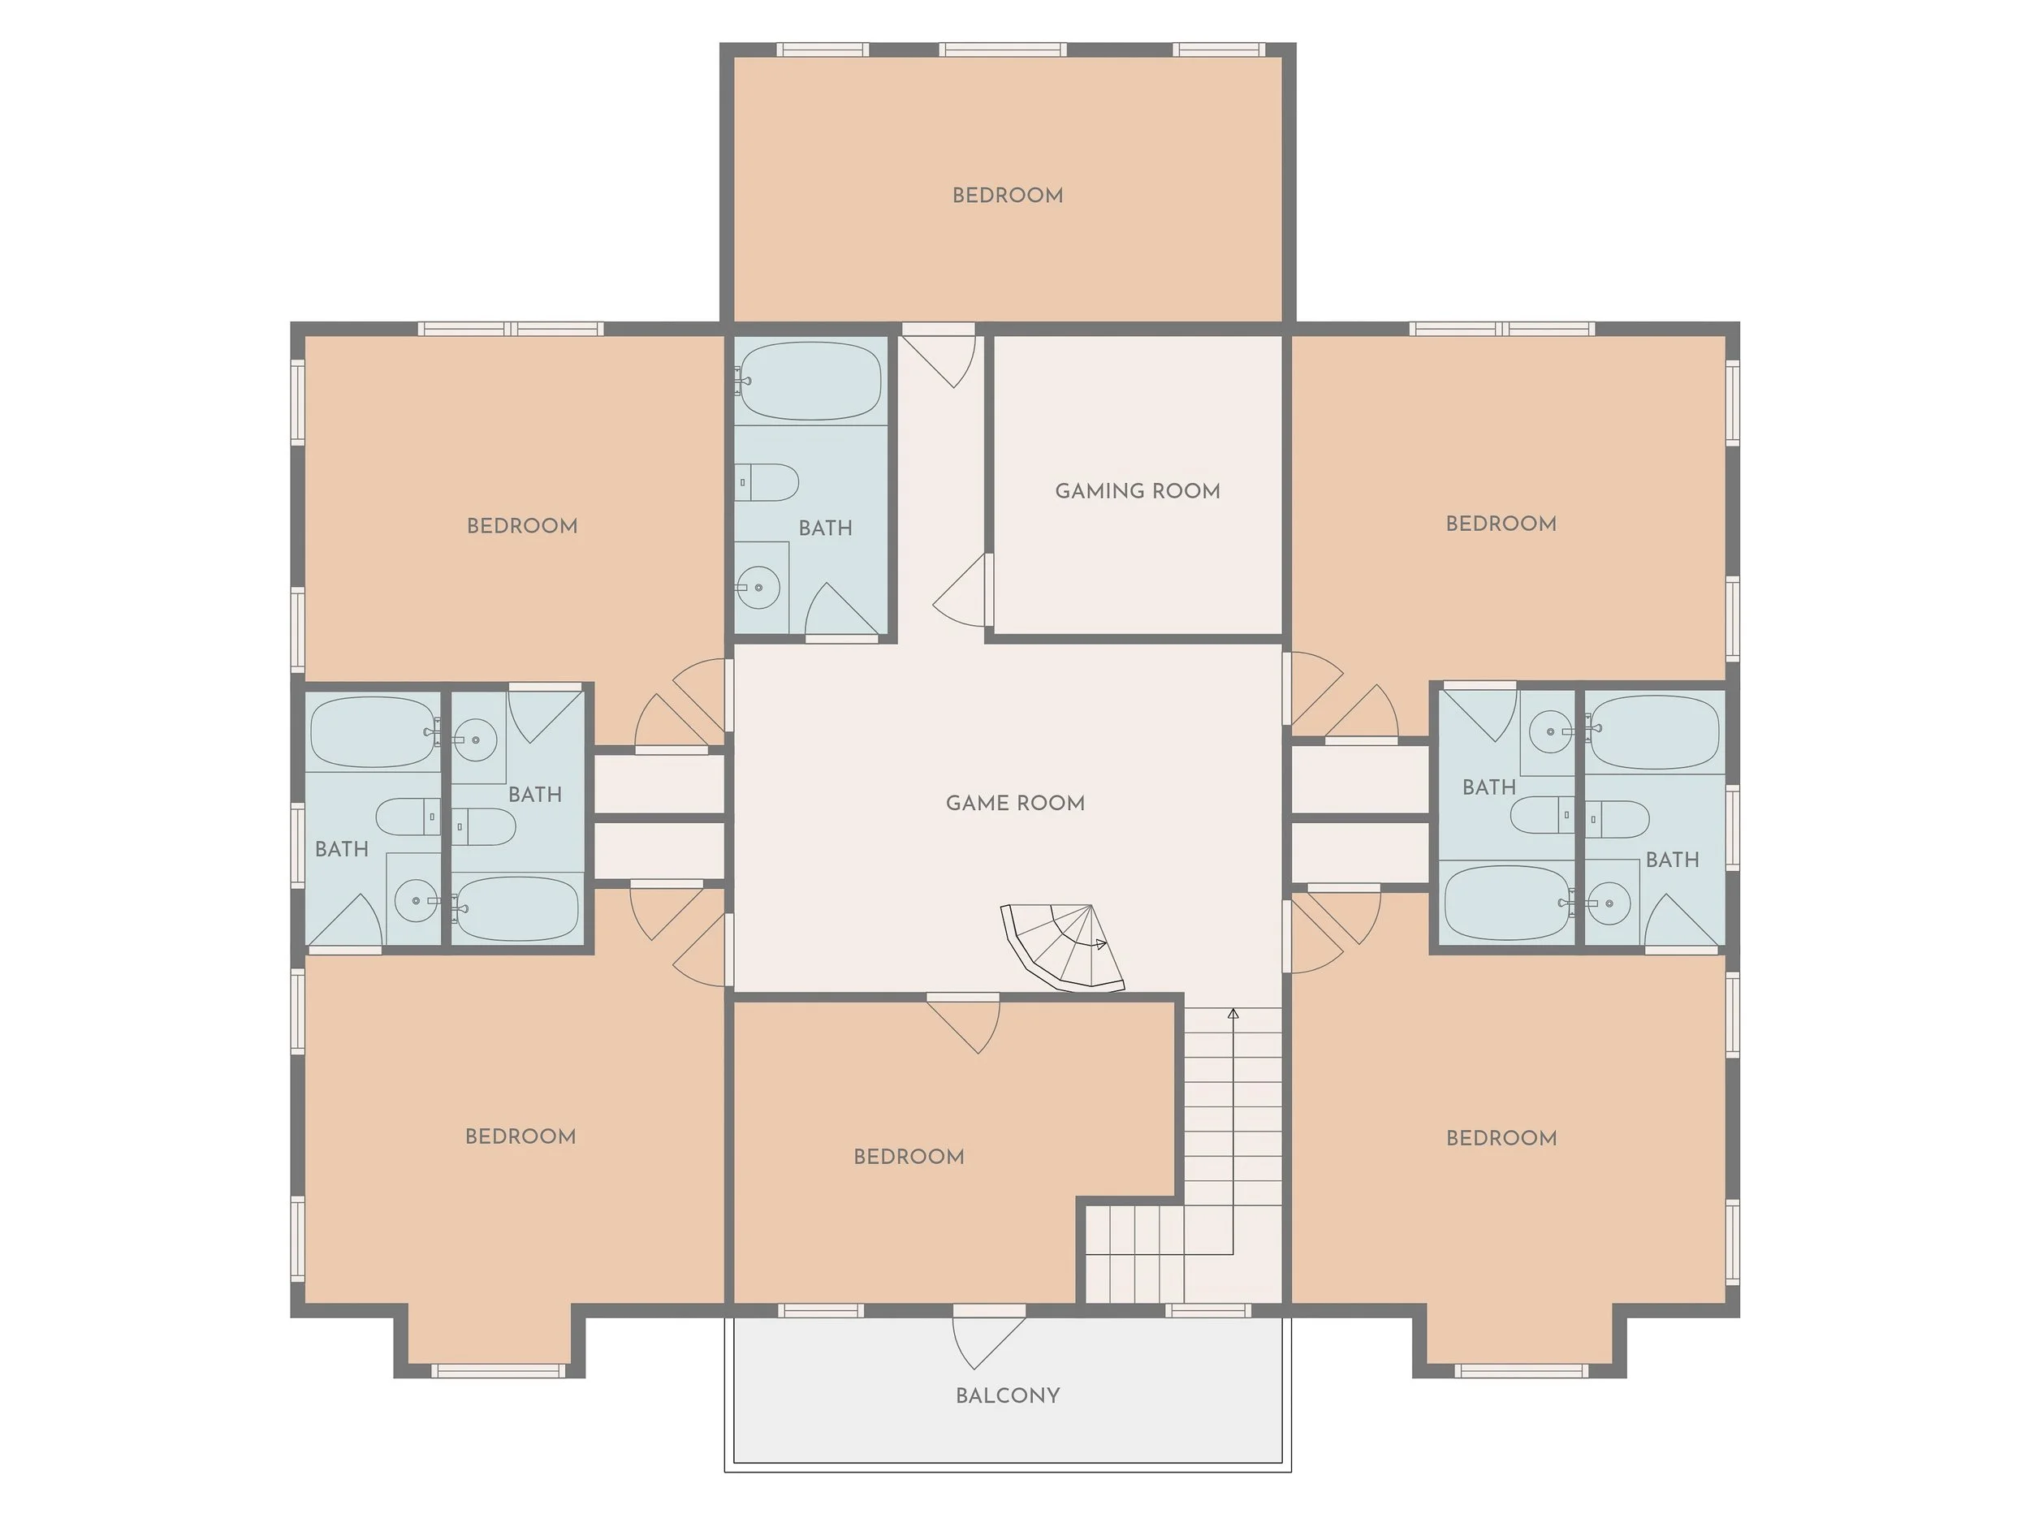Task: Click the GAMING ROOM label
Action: [1137, 491]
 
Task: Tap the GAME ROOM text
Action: [1015, 803]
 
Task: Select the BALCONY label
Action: [1008, 1395]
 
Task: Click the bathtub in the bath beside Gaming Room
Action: [810, 381]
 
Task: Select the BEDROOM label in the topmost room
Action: [1008, 196]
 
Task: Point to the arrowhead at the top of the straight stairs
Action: [1233, 1014]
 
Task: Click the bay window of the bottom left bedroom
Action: [498, 1371]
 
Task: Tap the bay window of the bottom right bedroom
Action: [1521, 1371]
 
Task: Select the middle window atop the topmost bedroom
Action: [1003, 50]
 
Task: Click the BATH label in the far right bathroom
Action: [1672, 860]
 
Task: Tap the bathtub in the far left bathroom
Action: [373, 732]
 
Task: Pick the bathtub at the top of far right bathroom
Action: [1654, 731]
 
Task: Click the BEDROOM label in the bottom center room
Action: [909, 1157]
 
